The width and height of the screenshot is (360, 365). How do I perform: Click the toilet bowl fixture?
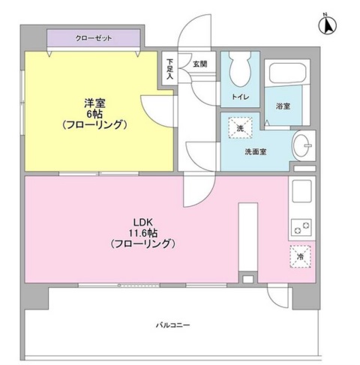point(240,70)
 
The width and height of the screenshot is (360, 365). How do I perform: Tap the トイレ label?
point(239,97)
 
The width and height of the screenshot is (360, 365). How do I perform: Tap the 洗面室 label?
point(255,151)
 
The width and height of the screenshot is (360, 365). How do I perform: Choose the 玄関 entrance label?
point(199,64)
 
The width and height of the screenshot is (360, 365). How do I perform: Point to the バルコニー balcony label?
point(173,325)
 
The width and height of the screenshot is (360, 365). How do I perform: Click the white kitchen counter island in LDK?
point(246,241)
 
